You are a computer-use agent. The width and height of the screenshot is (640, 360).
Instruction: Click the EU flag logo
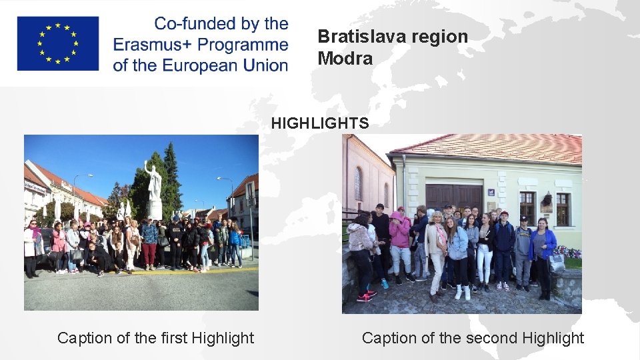[x=58, y=43]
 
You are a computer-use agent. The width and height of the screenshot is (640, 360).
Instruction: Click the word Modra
[x=345, y=59]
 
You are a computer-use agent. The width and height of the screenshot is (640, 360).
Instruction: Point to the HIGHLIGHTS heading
[x=319, y=123]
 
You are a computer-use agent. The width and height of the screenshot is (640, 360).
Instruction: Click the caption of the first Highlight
[x=155, y=338]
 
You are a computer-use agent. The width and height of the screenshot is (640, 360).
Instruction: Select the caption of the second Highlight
[x=472, y=338]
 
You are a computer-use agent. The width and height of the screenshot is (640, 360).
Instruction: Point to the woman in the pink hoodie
[x=400, y=233]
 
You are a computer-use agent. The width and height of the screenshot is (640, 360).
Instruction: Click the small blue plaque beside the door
[x=491, y=192]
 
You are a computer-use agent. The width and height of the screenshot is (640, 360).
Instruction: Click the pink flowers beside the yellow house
[x=568, y=252]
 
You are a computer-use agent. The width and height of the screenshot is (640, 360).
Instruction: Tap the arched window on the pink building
[x=359, y=183]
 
